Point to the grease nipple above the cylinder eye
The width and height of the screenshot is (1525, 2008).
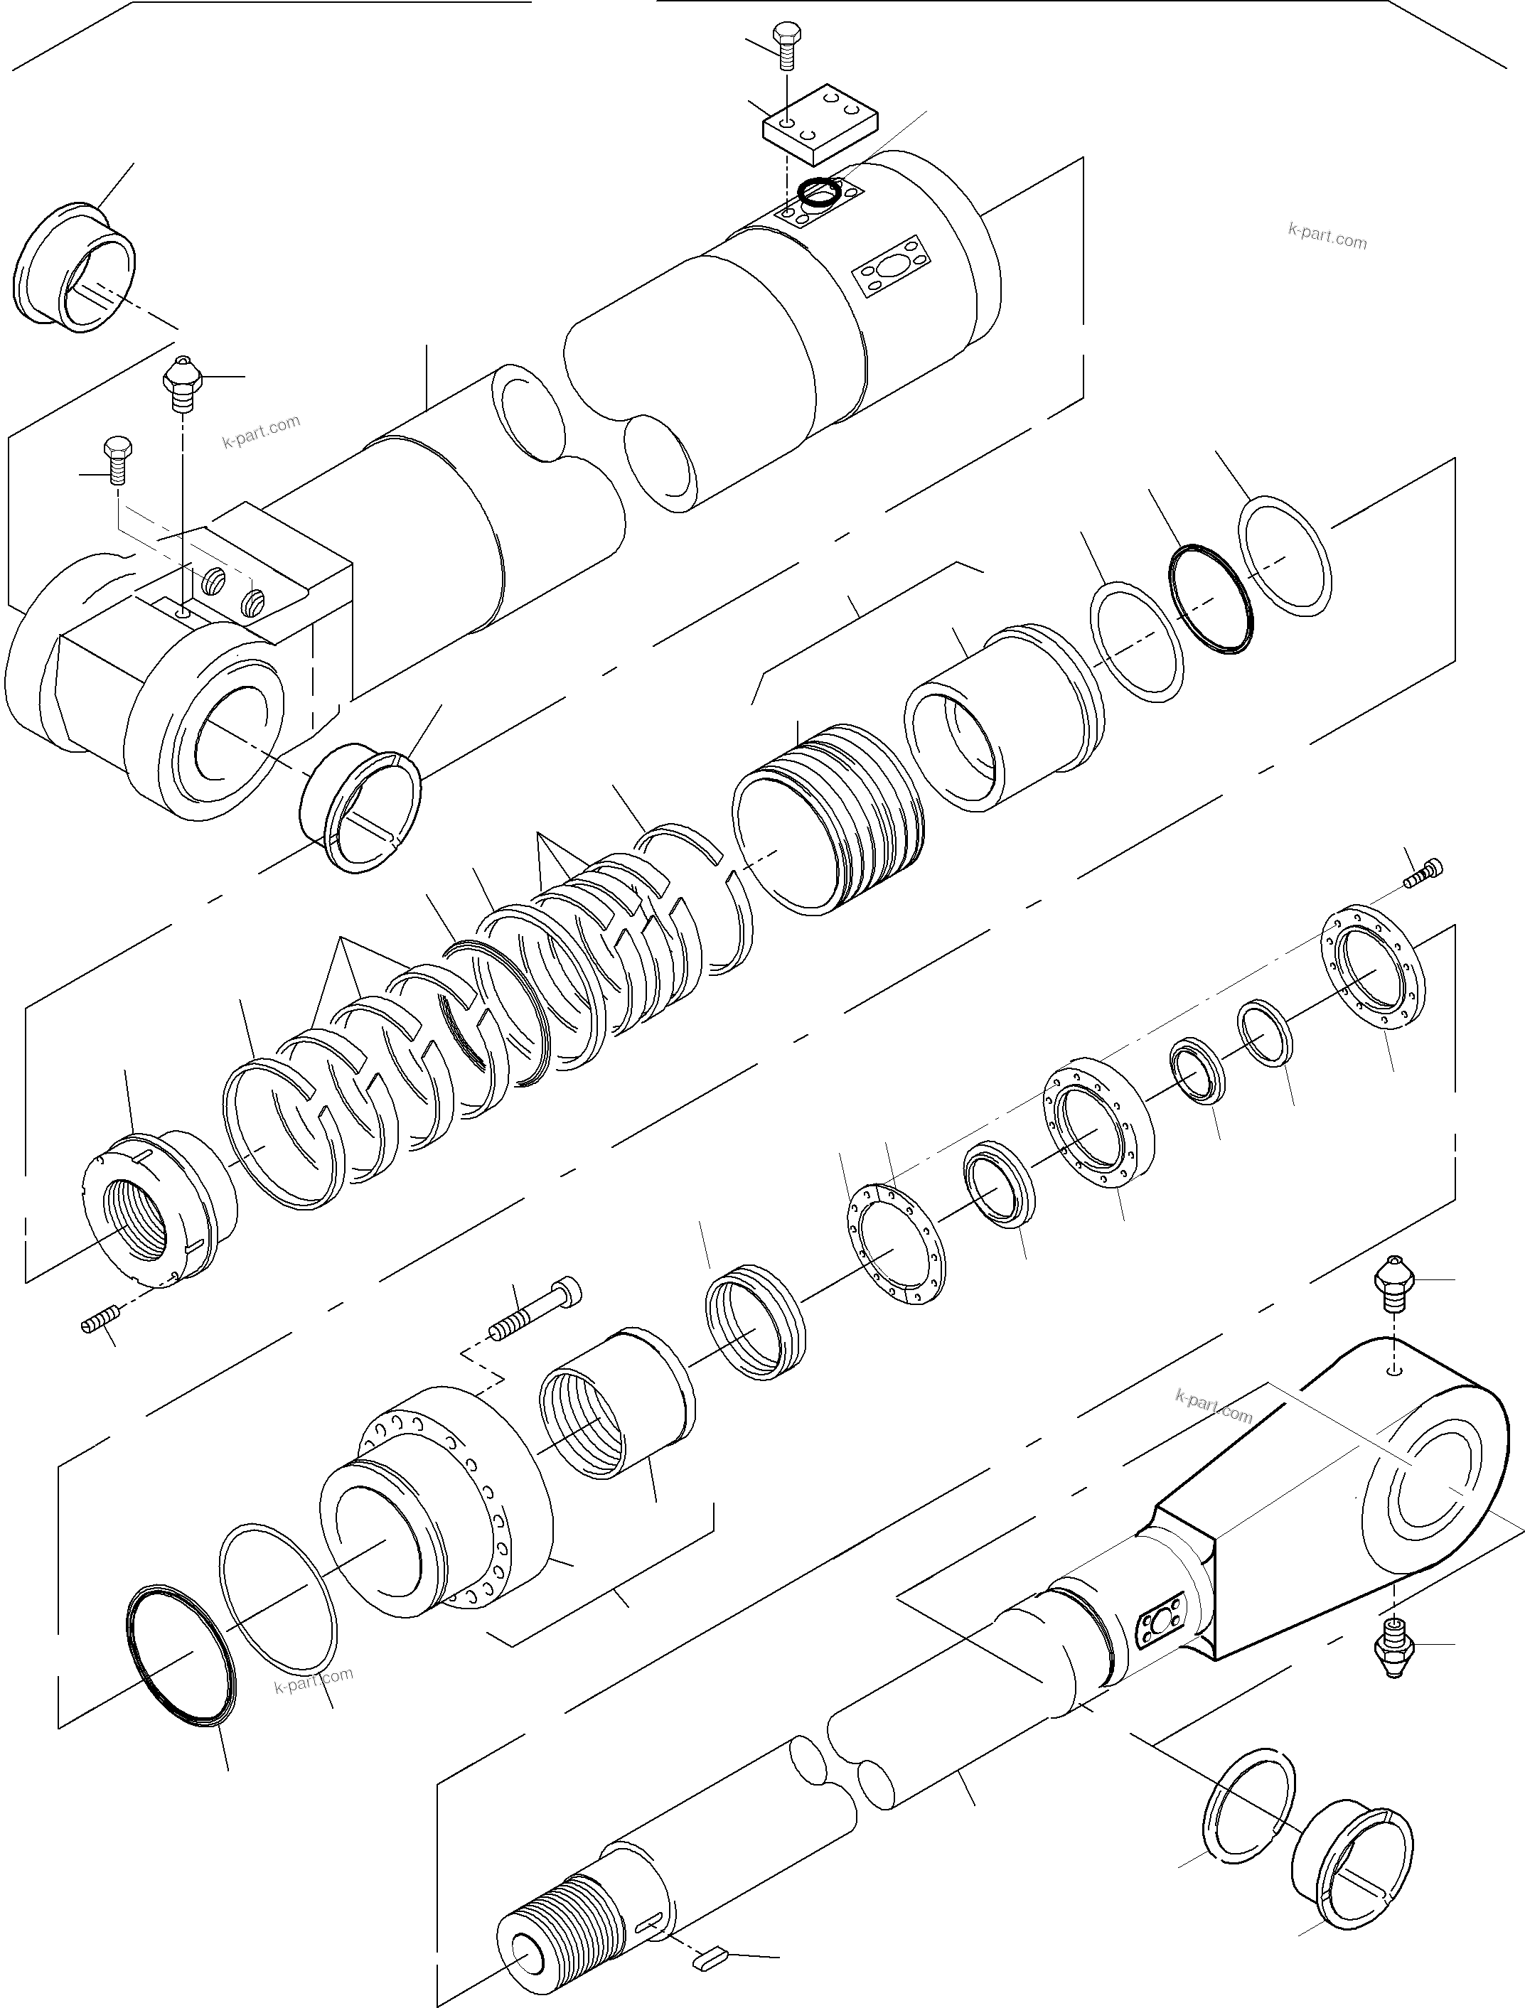[183, 381]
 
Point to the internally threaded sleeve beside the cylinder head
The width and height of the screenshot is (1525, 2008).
[617, 1408]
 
